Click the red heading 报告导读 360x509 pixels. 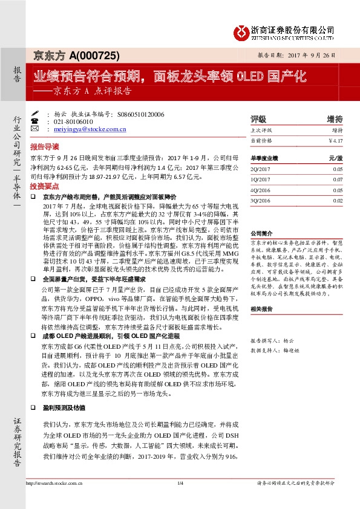coord(44,147)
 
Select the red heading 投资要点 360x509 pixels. coord(44,187)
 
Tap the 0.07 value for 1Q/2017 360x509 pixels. coord(338,180)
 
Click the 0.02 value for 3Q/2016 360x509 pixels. coord(338,200)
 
